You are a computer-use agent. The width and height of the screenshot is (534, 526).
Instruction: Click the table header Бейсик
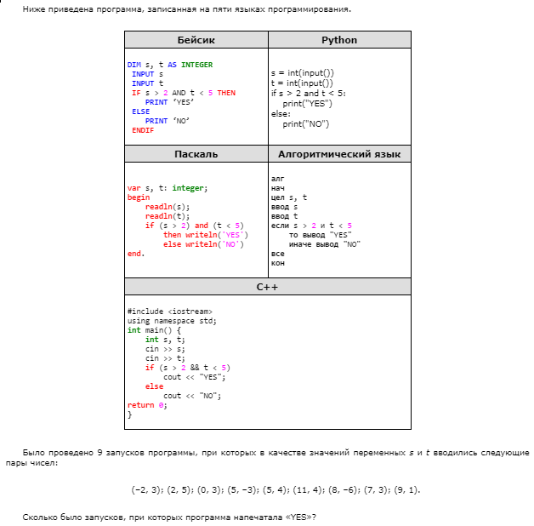click(196, 40)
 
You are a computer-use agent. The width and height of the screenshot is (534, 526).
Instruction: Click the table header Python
click(339, 40)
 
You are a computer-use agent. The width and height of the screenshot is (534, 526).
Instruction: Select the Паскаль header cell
click(196, 154)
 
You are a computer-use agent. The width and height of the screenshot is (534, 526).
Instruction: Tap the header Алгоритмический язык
click(339, 154)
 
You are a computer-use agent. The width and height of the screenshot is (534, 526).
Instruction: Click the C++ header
click(268, 287)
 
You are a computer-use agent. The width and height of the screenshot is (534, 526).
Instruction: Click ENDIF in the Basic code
click(143, 130)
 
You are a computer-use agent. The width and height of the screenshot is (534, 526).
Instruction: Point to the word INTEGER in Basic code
click(197, 65)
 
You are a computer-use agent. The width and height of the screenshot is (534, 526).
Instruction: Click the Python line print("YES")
click(307, 103)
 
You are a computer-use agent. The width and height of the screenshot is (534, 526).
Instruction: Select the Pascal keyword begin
click(138, 197)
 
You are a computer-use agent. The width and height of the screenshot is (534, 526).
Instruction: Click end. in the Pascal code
click(136, 254)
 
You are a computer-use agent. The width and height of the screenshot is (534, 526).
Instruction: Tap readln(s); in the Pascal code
click(168, 207)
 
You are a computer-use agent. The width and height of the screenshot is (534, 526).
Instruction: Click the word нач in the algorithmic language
click(278, 188)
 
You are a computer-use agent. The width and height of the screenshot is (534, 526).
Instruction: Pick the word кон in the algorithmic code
click(278, 263)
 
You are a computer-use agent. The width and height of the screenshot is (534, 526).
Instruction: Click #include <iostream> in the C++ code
click(169, 312)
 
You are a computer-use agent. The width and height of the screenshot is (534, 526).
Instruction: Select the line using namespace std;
click(172, 321)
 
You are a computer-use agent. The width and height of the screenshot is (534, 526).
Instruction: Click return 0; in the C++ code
click(147, 405)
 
